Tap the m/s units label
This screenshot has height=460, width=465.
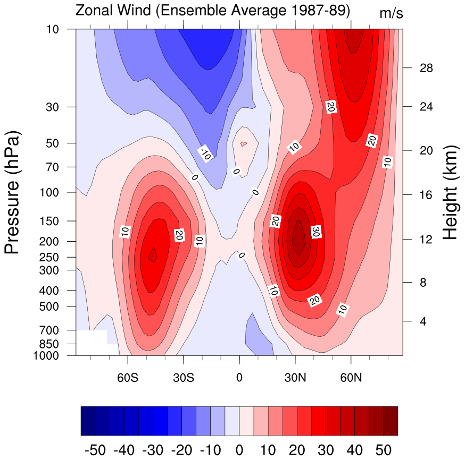[391, 14]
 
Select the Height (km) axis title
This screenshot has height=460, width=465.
[450, 192]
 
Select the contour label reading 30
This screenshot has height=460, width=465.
[315, 232]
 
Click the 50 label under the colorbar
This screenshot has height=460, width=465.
[384, 450]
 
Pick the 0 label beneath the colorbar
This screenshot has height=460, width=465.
[239, 450]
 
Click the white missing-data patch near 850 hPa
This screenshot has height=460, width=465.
[92, 340]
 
